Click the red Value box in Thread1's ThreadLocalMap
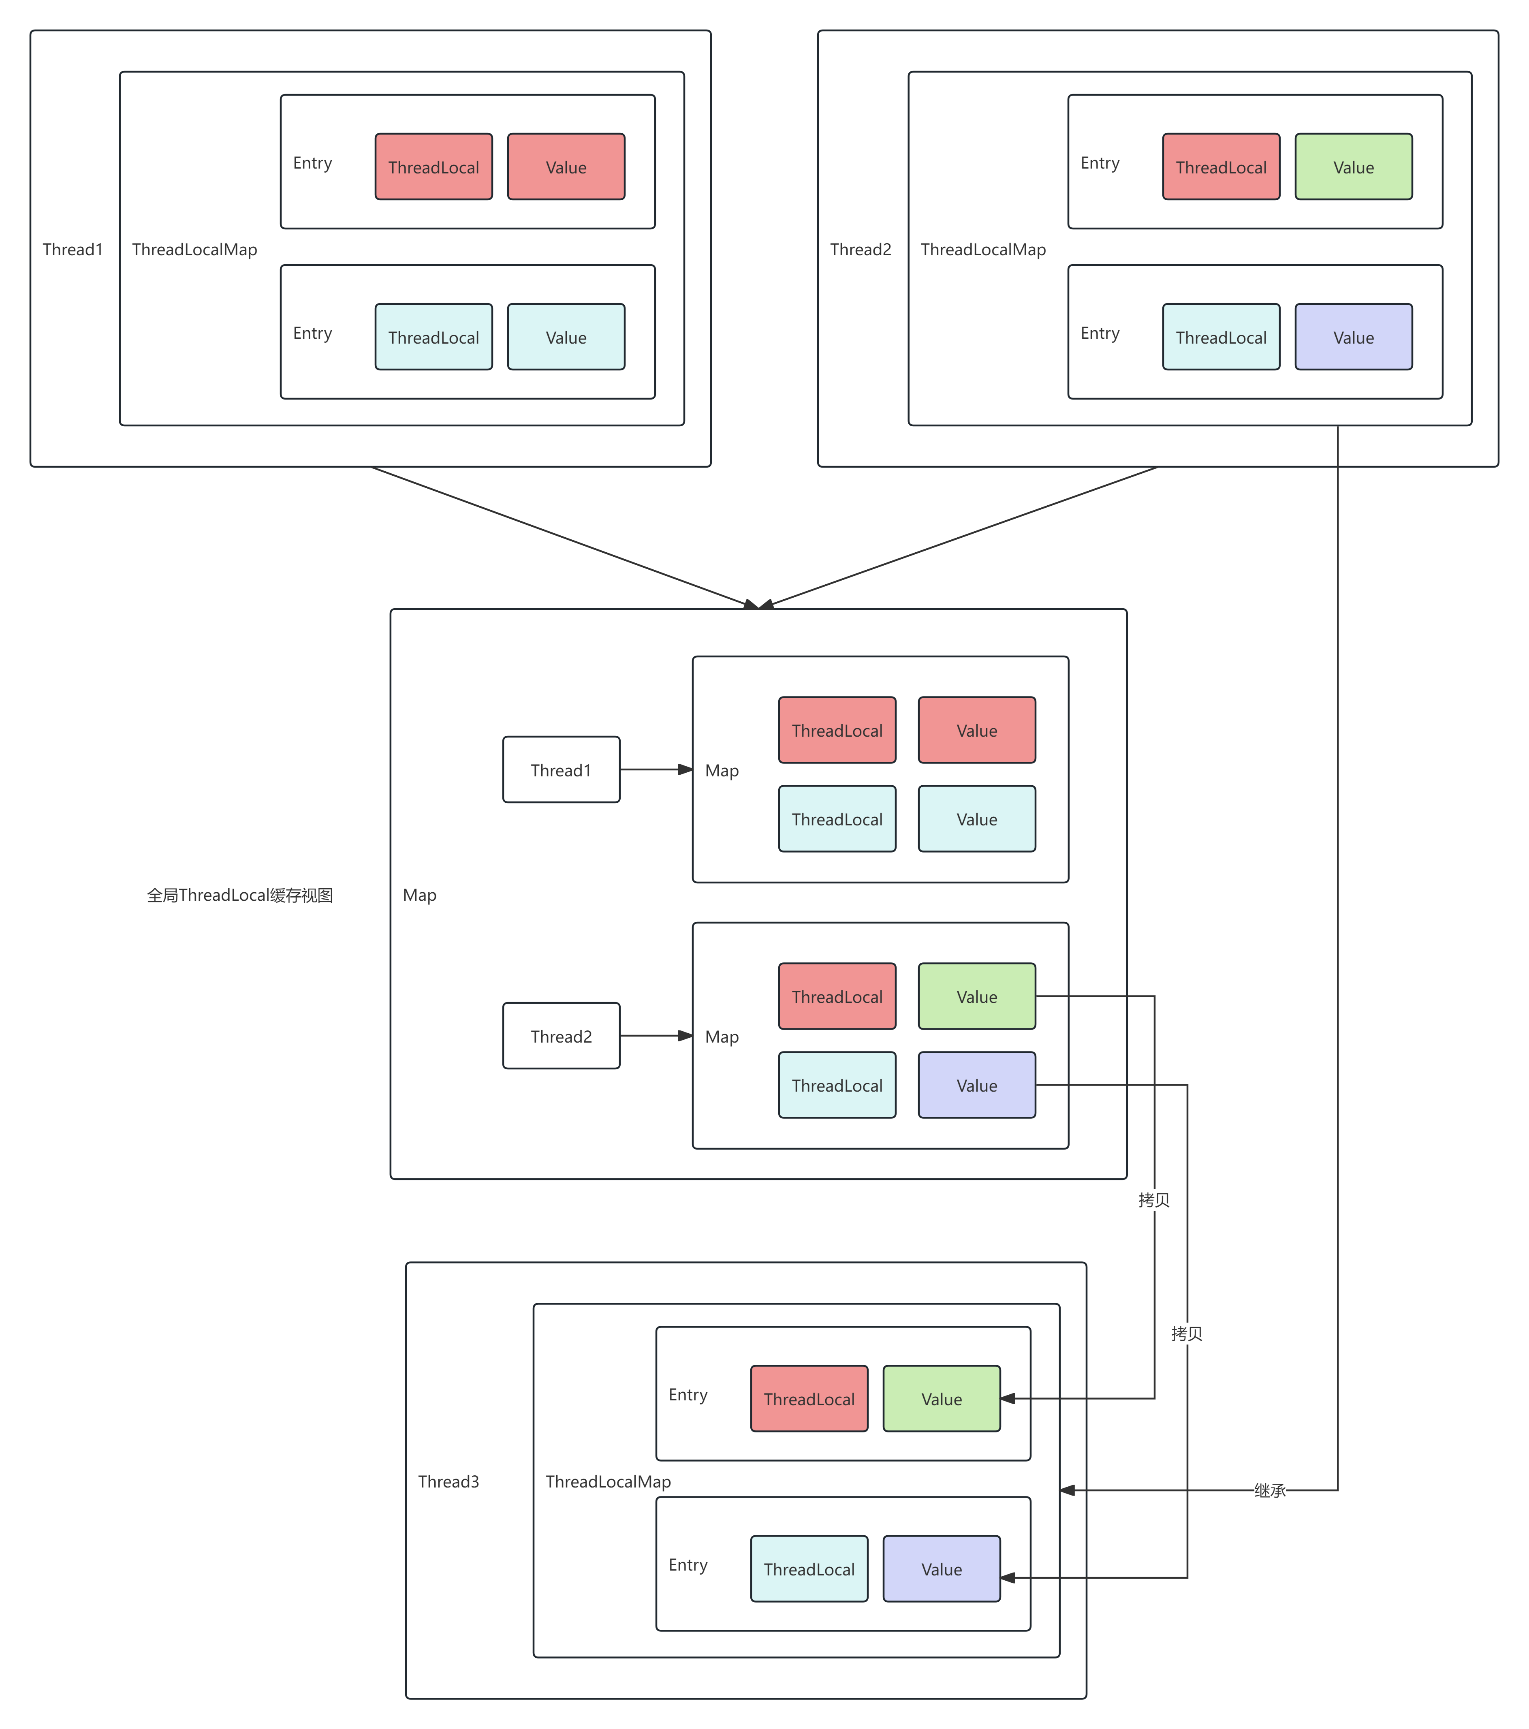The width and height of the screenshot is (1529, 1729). (566, 167)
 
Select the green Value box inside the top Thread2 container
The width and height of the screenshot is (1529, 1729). (1353, 167)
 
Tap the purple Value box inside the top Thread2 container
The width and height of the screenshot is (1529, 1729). (1353, 337)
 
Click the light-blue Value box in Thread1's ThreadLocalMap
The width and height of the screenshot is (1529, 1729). (566, 337)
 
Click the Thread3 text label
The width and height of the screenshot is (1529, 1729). (448, 1481)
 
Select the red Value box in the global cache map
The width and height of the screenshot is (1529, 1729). (977, 730)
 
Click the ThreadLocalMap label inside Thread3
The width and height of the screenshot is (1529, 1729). (608, 1481)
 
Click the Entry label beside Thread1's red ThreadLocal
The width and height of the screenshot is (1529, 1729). (312, 162)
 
